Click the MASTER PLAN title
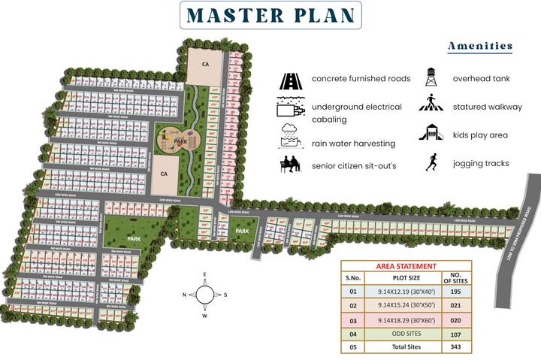coord(271,15)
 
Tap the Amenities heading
coord(479,46)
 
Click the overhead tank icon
coord(431,77)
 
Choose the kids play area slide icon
coord(431,133)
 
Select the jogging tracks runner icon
coord(431,162)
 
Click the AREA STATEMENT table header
coord(406,266)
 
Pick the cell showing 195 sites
coord(455,292)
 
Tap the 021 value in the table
coord(455,306)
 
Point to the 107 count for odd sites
coord(455,333)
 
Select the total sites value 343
coord(455,346)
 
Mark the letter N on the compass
coord(184,295)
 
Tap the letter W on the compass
coord(204,315)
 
